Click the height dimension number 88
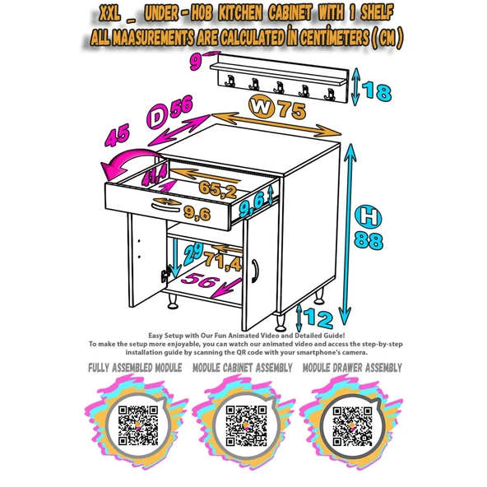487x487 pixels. pos(369,240)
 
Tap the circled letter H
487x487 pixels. pos(369,216)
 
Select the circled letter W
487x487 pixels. pos(262,107)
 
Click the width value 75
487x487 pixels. pos(292,109)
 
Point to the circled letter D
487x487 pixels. pos(157,117)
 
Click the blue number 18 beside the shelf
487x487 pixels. pos(377,91)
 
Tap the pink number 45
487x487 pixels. pos(117,136)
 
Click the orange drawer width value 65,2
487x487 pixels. pos(218,189)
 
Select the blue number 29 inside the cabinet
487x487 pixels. pos(193,253)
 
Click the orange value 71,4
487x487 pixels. pos(223,262)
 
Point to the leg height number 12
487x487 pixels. pos(318,318)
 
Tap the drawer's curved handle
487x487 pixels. pos(166,208)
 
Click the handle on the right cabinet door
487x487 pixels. pos(255,271)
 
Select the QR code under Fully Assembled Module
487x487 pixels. pos(138,425)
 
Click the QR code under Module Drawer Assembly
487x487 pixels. pos(352,426)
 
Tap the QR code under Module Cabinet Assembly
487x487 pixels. pos(246,425)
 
